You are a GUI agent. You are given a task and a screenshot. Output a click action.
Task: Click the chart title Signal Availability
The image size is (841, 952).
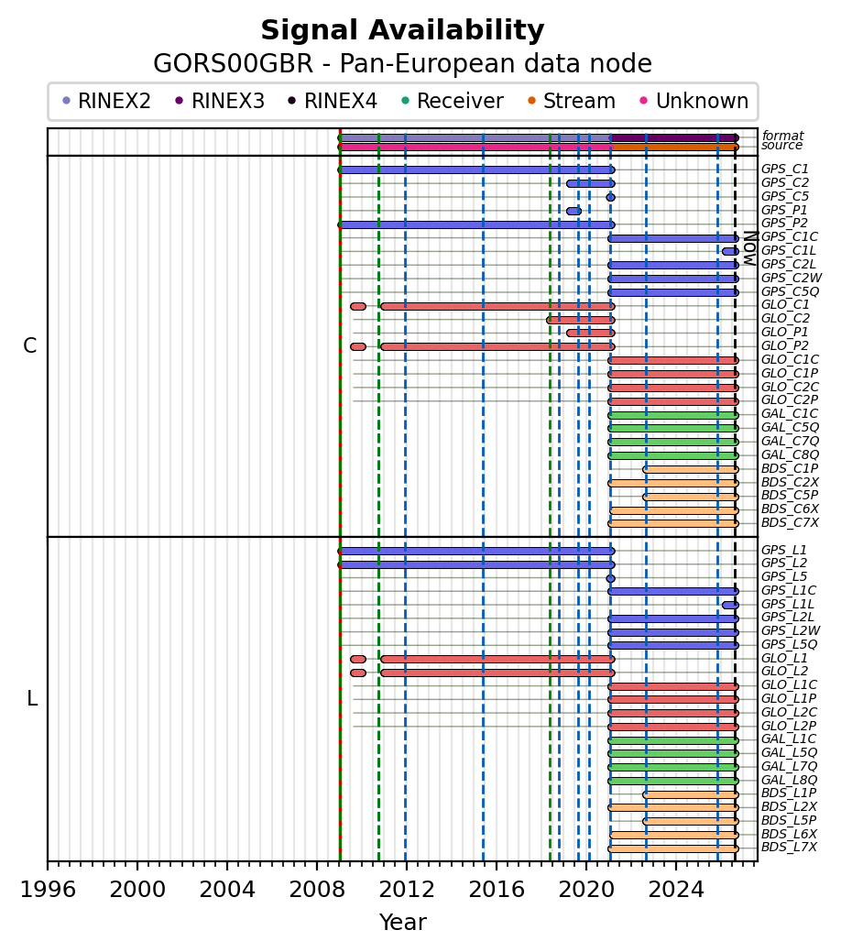pos(402,30)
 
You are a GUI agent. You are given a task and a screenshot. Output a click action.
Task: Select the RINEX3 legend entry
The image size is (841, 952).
pos(220,101)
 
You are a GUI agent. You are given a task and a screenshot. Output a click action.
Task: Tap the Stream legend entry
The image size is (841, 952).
pos(572,101)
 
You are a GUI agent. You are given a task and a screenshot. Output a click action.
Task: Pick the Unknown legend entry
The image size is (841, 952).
pos(694,101)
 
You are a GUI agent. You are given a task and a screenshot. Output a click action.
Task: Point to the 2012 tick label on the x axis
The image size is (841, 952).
pos(406,890)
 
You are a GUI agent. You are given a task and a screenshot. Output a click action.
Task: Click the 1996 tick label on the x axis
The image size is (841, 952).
pos(48,890)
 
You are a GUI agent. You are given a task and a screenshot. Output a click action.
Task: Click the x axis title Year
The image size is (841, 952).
pos(402,923)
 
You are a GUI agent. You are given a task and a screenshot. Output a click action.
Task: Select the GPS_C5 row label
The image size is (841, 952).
pos(784,197)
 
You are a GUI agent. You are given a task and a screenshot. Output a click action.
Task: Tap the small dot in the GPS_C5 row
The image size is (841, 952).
pos(610,197)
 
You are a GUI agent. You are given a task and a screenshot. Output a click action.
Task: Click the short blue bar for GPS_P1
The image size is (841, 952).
pos(573,212)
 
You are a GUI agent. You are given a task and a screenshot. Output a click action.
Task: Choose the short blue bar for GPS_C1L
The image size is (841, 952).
pos(730,251)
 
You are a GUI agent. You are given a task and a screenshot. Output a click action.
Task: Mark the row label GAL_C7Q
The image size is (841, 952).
pos(790,442)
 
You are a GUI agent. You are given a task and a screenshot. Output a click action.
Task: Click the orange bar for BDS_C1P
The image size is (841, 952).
pos(691,469)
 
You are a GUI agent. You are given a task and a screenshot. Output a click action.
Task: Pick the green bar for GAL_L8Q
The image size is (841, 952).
pos(673,781)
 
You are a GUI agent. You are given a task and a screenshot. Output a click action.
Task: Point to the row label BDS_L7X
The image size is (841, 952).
pos(789,847)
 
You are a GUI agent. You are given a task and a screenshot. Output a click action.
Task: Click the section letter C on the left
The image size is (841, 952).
pos(29,345)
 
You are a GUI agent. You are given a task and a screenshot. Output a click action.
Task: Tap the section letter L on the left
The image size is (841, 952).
pos(32,699)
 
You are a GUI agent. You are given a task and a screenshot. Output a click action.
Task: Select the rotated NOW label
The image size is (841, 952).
pos(750,248)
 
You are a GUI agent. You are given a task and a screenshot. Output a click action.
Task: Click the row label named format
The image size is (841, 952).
pos(782,136)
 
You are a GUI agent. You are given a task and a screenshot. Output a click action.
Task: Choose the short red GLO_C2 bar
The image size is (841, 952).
pos(581,320)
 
